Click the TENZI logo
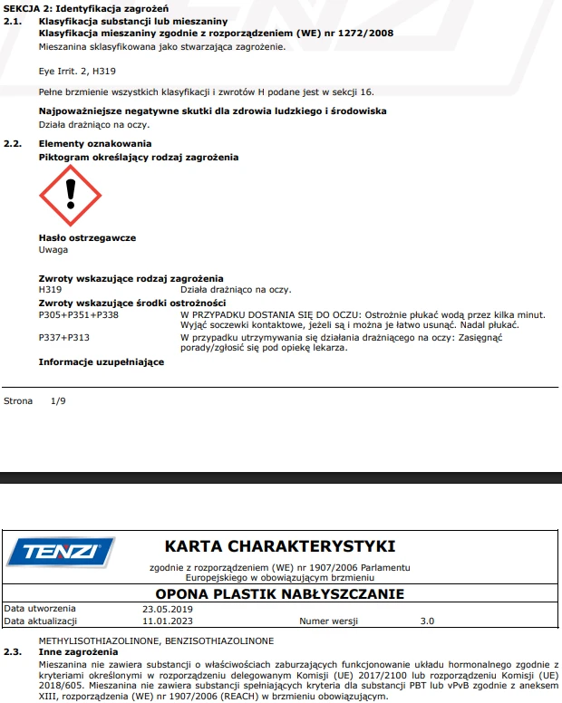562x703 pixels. [x=61, y=552]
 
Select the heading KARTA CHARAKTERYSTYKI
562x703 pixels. [x=279, y=546]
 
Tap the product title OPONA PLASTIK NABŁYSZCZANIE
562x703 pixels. [x=279, y=593]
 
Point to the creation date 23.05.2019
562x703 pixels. [x=168, y=609]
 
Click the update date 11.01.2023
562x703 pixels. [x=168, y=621]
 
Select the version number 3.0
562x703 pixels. [x=428, y=621]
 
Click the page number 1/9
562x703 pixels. [x=58, y=400]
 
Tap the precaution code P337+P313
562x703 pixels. [x=64, y=337]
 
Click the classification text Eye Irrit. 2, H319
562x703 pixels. [x=77, y=70]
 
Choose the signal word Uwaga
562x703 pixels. [x=53, y=249]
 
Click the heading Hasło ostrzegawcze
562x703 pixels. [x=87, y=237]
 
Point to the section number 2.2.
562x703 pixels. [x=13, y=144]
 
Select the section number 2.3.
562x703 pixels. [x=13, y=652]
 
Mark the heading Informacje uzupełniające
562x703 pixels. [x=102, y=361]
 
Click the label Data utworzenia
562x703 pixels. [x=41, y=609]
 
